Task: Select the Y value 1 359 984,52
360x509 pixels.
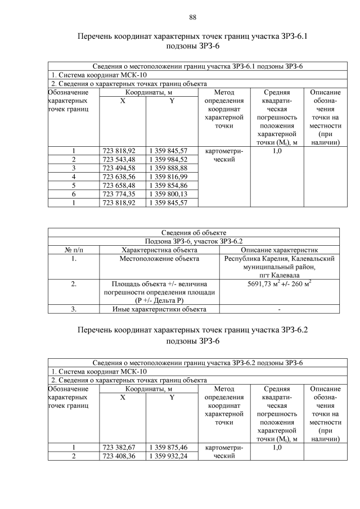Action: point(168,159)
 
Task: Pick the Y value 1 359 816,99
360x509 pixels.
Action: point(168,177)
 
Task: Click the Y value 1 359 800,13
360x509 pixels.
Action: point(168,194)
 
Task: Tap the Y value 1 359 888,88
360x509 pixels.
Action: point(168,168)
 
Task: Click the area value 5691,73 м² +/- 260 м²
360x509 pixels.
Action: point(280,285)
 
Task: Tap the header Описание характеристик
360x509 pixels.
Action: point(280,250)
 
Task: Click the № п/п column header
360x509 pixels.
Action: point(74,250)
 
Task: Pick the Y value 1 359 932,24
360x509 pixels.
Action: point(168,456)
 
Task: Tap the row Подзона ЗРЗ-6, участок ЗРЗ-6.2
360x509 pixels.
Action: point(193,241)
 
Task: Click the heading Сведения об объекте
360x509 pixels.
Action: point(193,232)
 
